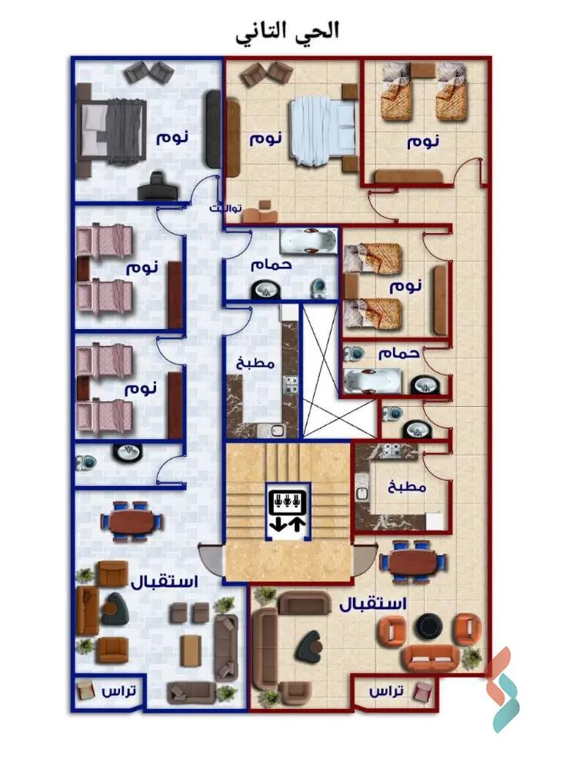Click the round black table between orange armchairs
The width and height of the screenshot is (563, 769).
[x=427, y=628]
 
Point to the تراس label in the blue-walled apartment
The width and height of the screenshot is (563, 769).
[x=119, y=691]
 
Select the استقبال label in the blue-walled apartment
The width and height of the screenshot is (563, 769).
[x=165, y=582]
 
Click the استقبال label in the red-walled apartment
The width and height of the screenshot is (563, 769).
[x=373, y=604]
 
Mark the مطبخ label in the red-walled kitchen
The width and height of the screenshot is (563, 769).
[x=407, y=487]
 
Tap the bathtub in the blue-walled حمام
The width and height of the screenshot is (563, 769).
[x=308, y=241]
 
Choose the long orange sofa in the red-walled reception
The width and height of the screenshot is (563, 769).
[x=432, y=658]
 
